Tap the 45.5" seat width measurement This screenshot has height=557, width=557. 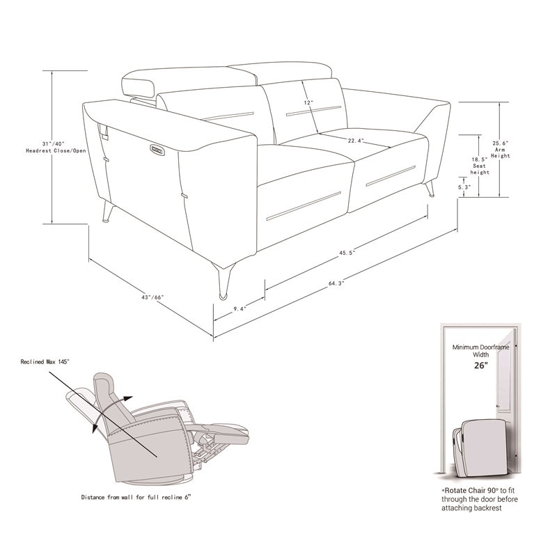(x=348, y=253)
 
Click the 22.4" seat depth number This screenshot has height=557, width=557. (x=356, y=141)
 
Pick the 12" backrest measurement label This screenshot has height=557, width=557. (x=308, y=102)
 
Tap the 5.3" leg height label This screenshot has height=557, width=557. (x=464, y=187)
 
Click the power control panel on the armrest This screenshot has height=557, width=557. (x=157, y=148)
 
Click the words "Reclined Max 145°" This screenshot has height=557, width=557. (x=46, y=362)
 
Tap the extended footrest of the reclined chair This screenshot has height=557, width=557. (x=226, y=430)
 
